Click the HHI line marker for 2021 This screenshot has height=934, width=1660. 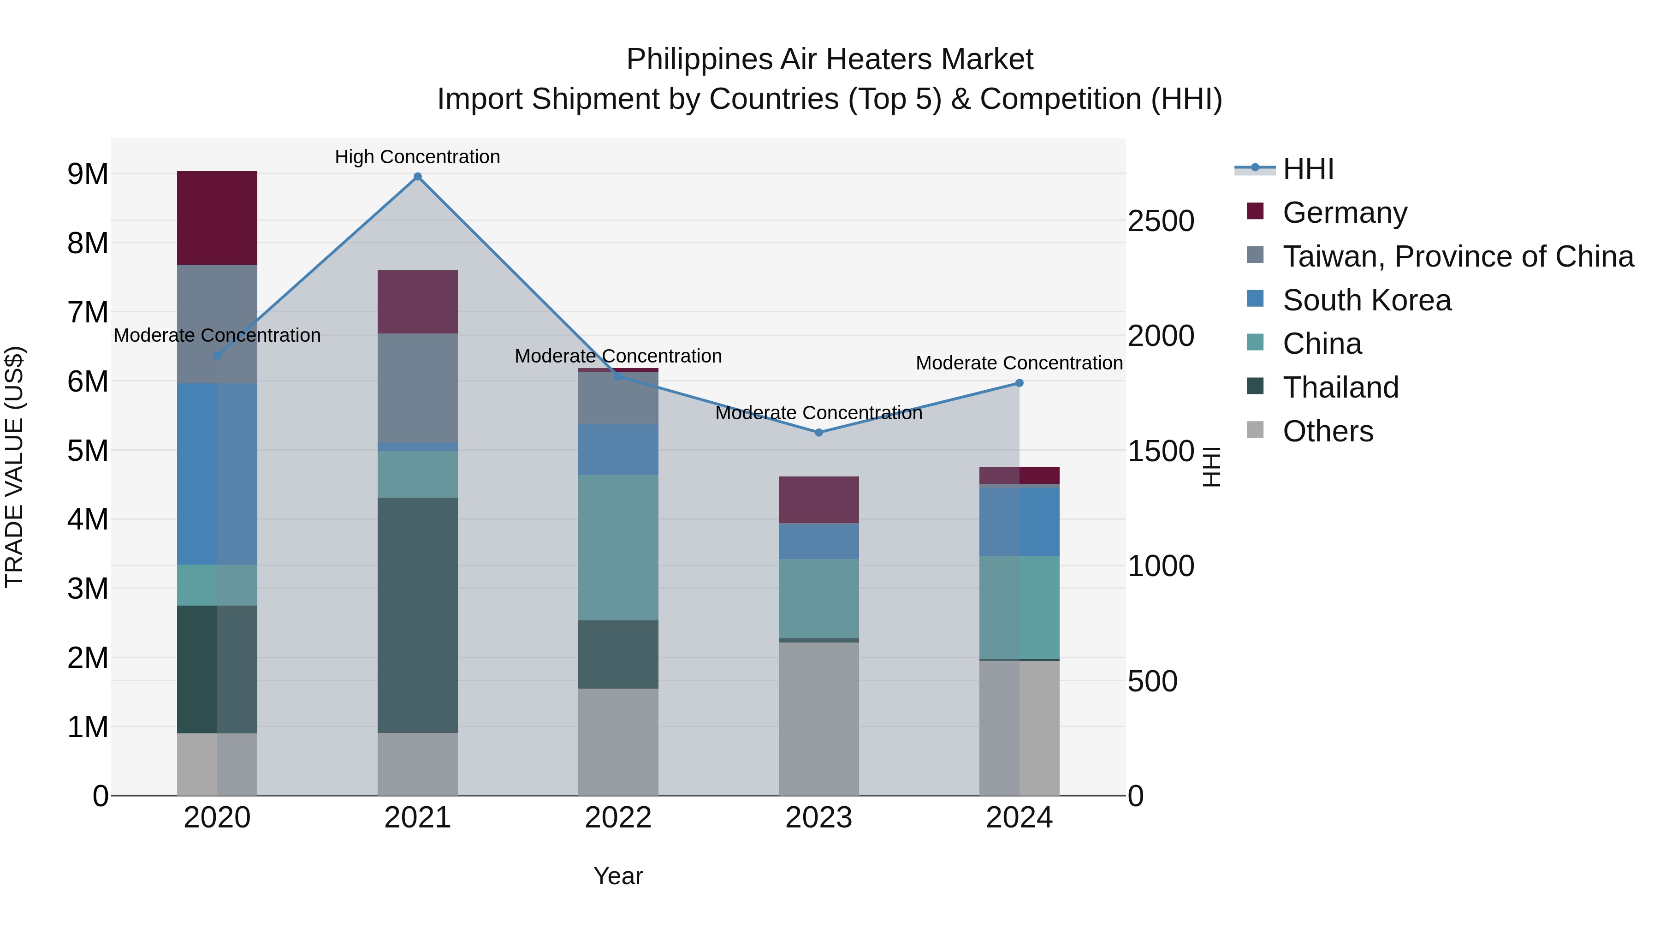(x=418, y=177)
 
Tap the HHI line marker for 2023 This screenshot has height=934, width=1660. (x=819, y=433)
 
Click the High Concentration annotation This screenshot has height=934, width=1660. (x=418, y=157)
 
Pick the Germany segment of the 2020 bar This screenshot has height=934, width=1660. (x=217, y=218)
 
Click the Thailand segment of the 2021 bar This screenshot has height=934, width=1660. (x=418, y=615)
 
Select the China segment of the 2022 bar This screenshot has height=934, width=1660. (x=618, y=548)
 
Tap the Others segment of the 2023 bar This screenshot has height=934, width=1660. (x=819, y=719)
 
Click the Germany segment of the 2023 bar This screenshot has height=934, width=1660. (x=819, y=500)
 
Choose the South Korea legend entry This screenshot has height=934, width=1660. (x=1366, y=300)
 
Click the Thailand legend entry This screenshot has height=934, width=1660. (x=1340, y=387)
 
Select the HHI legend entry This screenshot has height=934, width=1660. (x=1308, y=169)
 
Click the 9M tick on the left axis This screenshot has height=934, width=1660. (x=88, y=174)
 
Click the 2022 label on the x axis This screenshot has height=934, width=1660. (x=618, y=818)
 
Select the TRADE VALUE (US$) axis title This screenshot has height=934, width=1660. (x=14, y=467)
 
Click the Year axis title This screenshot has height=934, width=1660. (x=618, y=876)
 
